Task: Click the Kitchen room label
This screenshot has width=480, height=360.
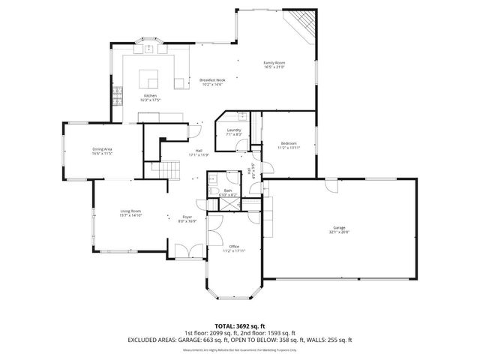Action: [x=151, y=96]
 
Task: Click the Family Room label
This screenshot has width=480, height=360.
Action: [x=274, y=62]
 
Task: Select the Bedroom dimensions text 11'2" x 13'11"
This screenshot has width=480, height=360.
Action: [x=289, y=148]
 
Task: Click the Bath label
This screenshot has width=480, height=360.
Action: [x=228, y=190]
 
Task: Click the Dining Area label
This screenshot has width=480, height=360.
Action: [x=102, y=148]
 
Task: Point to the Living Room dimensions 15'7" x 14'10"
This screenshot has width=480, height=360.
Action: [x=131, y=215]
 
